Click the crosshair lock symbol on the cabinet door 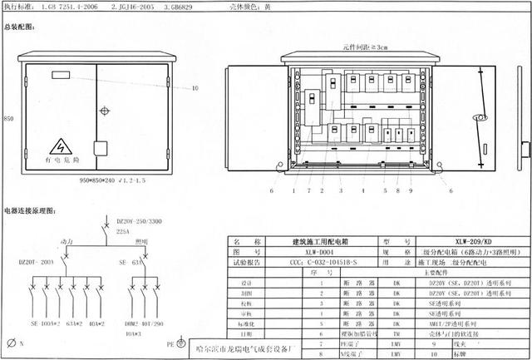click(x=104, y=110)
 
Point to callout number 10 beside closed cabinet click(x=195, y=87)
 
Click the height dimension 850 click(x=9, y=118)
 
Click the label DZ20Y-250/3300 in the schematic click(x=138, y=222)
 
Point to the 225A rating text click(x=124, y=234)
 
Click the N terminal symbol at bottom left click(x=12, y=342)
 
